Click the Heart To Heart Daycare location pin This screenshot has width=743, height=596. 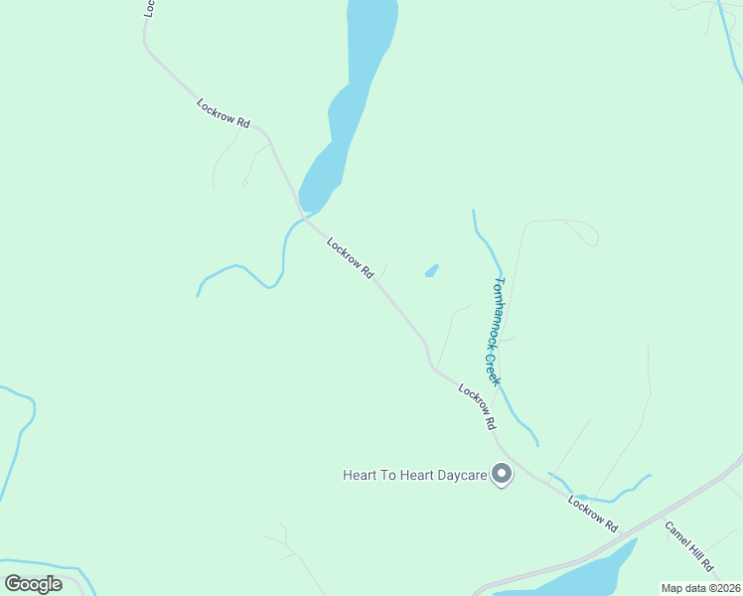(x=502, y=475)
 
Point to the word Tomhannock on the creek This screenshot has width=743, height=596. (x=498, y=310)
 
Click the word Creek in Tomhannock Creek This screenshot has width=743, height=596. (x=492, y=369)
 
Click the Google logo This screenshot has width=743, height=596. (x=33, y=584)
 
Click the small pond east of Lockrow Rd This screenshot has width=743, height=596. (x=432, y=270)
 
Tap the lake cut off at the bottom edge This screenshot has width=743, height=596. (x=576, y=576)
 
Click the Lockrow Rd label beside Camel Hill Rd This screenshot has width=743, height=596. (x=593, y=513)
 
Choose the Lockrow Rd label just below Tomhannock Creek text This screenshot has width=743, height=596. (x=478, y=405)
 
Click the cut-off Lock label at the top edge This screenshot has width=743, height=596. (x=149, y=8)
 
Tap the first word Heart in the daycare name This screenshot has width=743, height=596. (x=360, y=476)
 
